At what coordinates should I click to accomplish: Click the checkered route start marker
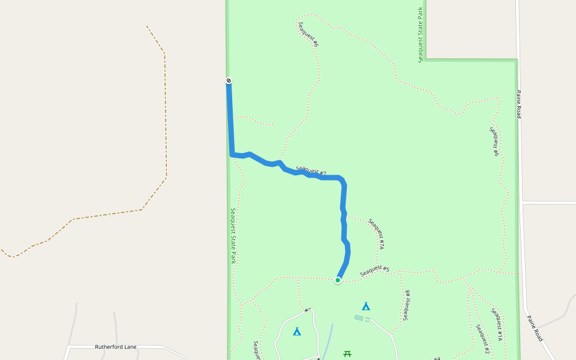click(229, 81)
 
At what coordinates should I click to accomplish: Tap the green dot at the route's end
click(338, 280)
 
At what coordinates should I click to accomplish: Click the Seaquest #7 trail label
click(311, 171)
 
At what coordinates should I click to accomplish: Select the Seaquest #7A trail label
click(376, 234)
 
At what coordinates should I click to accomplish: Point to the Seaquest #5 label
click(375, 271)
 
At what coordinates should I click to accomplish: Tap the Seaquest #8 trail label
click(407, 305)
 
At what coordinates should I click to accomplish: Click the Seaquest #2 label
click(483, 339)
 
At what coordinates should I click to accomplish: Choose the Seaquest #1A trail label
click(497, 324)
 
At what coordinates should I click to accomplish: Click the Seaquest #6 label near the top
click(308, 35)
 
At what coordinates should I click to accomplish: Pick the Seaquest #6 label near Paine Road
click(494, 142)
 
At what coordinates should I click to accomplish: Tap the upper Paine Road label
click(519, 104)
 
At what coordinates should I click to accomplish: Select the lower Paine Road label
click(535, 329)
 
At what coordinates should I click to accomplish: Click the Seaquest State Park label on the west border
click(233, 236)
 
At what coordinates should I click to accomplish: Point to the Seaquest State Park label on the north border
click(421, 34)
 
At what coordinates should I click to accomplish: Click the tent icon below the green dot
click(366, 307)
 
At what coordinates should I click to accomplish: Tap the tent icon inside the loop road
click(297, 331)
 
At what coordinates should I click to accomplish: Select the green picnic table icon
click(347, 354)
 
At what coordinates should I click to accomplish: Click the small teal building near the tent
click(359, 318)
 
